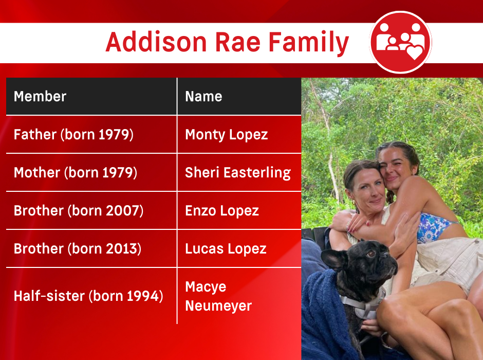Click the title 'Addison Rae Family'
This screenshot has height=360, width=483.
tap(227, 43)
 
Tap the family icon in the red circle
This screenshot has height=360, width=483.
tap(400, 42)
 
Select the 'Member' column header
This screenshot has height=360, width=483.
tap(40, 96)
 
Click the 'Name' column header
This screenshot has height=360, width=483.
tap(203, 96)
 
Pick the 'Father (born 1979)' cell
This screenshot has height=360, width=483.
tap(73, 134)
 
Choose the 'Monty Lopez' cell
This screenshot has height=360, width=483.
tap(226, 134)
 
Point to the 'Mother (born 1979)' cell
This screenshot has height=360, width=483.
tap(75, 172)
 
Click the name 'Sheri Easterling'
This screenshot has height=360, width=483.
tap(237, 172)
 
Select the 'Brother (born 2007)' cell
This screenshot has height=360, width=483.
tap(78, 210)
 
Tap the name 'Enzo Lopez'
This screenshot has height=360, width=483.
tap(221, 210)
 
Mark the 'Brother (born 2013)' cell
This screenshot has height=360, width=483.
tap(77, 248)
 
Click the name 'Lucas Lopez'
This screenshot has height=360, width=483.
tap(226, 248)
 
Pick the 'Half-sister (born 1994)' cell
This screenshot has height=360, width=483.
tap(88, 296)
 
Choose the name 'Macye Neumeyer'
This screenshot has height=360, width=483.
tap(218, 296)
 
